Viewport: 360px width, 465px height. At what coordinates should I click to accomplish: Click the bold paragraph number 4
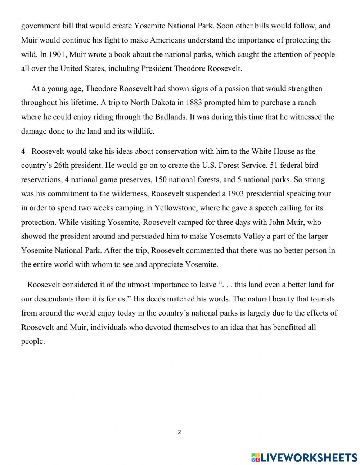pyautogui.click(x=23, y=151)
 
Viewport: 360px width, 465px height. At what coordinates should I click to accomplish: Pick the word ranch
pyautogui.click(x=307, y=103)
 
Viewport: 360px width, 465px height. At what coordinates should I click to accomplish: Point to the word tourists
pyautogui.click(x=321, y=299)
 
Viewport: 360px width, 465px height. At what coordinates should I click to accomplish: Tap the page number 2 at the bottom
pyautogui.click(x=179, y=432)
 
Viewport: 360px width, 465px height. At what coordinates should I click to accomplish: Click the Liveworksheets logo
pyautogui.click(x=304, y=457)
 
